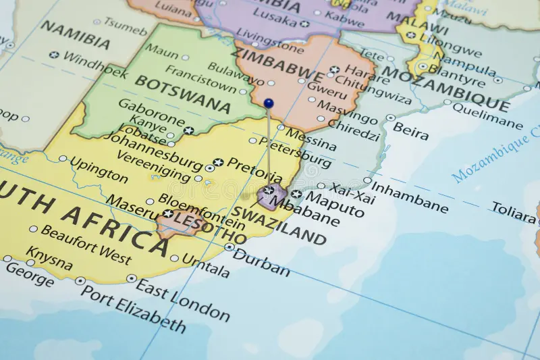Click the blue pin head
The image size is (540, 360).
point(269,103)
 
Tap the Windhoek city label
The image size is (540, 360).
point(94,64)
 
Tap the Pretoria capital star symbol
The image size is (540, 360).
point(218,162)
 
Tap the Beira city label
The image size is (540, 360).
point(410,130)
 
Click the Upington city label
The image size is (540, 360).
point(99,170)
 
